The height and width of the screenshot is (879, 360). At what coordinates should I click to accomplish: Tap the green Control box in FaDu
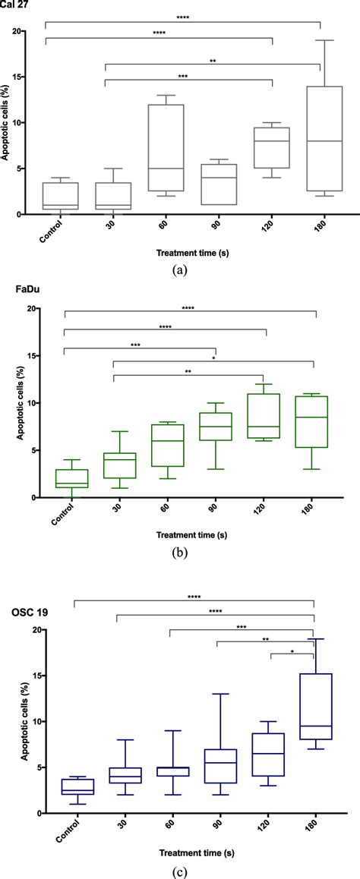pos(65,479)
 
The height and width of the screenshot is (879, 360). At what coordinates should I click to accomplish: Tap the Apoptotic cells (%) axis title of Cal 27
pos(7,123)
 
